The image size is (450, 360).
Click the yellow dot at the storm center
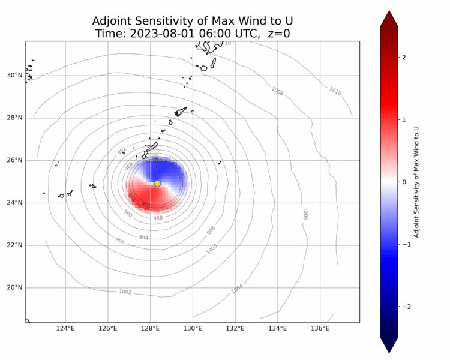[x=157, y=184]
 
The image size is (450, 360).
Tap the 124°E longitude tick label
[x=65, y=328]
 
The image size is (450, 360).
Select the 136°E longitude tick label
[x=320, y=328]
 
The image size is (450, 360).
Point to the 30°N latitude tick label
[x=14, y=75]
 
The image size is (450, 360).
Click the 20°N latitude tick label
[x=14, y=287]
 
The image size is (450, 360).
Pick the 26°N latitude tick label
[x=14, y=160]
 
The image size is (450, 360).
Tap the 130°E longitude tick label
[x=193, y=328]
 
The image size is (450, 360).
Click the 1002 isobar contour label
[x=125, y=292]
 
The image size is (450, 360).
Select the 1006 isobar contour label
[x=305, y=214]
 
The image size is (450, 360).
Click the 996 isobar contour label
[x=120, y=241]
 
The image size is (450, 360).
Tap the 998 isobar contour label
[x=211, y=230]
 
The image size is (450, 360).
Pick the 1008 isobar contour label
[x=277, y=91]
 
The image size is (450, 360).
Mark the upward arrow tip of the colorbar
[x=389, y=11]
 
